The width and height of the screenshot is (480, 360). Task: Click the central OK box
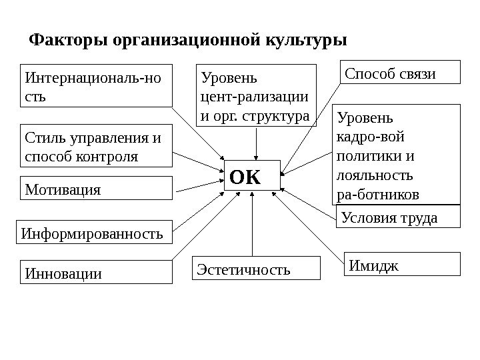pyautogui.click(x=252, y=176)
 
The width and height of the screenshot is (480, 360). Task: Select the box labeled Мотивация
pyautogui.click(x=97, y=189)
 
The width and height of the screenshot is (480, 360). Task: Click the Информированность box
pyautogui.click(x=93, y=234)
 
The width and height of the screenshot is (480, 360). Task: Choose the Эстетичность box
pyautogui.click(x=256, y=269)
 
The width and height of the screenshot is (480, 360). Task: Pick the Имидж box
pyautogui.click(x=403, y=264)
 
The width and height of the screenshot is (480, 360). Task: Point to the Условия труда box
pyautogui.click(x=398, y=217)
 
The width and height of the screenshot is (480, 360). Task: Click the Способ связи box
pyautogui.click(x=400, y=72)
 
